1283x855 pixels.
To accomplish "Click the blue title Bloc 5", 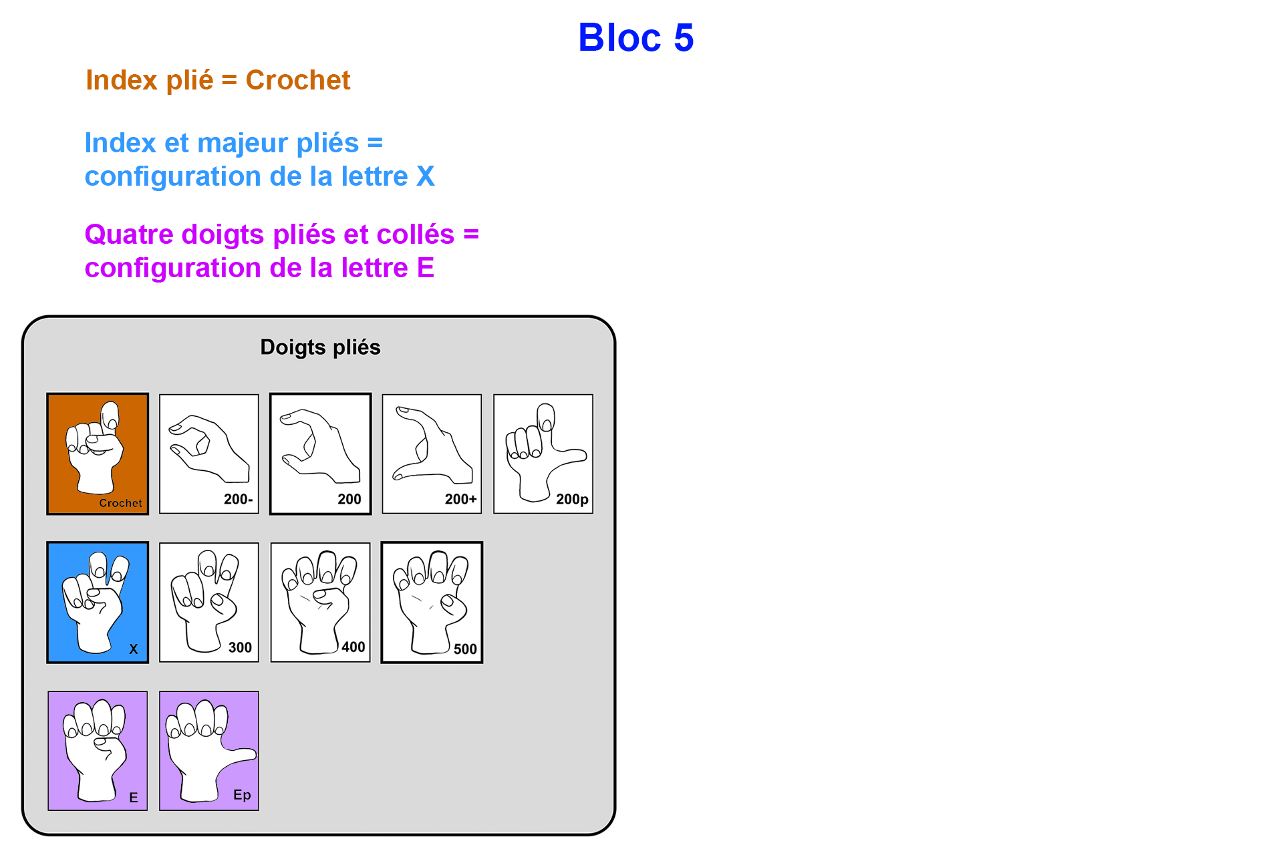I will tap(635, 37).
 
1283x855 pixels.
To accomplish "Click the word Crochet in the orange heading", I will tap(297, 80).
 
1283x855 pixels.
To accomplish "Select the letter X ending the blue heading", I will tap(425, 176).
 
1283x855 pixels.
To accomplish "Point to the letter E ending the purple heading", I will tap(425, 268).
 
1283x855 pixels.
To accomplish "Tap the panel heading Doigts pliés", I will tap(320, 347).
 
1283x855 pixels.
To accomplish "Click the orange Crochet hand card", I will tap(98, 454).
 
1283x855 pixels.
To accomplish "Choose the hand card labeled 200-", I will tap(209, 454).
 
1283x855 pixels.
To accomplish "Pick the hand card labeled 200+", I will tap(432, 454).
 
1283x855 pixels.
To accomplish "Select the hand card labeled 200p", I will tap(543, 454).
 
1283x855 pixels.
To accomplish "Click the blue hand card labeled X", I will tap(98, 602).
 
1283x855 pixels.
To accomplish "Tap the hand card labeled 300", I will tap(209, 602).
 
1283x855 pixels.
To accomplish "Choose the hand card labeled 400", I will tap(320, 602).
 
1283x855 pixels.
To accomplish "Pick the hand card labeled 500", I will tap(432, 602).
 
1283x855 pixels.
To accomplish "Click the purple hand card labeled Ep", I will tap(209, 751).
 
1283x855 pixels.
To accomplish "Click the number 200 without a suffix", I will tap(349, 499).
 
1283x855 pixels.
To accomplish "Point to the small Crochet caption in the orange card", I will tap(120, 503).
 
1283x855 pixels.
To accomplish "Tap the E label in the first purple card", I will tap(134, 798).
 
